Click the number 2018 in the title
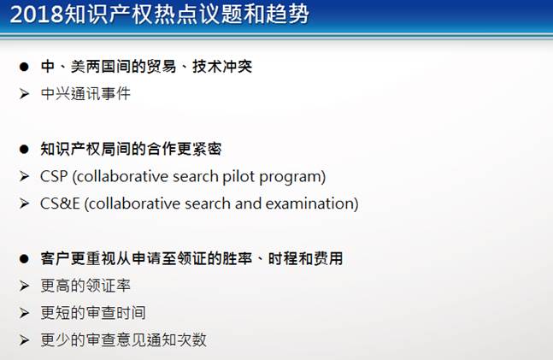(x=37, y=15)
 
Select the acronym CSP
(x=54, y=176)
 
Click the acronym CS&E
(x=60, y=204)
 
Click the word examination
(x=309, y=204)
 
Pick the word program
(x=291, y=177)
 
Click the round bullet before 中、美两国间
(x=24, y=67)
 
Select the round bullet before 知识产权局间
(x=24, y=149)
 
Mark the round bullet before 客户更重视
(x=24, y=259)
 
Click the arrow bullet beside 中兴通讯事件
(x=24, y=94)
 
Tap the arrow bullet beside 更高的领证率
(x=24, y=286)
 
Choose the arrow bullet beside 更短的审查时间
(x=24, y=313)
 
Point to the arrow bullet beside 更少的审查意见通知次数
(x=24, y=339)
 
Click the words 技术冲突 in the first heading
(x=222, y=67)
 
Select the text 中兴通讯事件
(x=85, y=94)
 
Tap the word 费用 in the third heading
(x=328, y=258)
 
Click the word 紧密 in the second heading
(x=207, y=149)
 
